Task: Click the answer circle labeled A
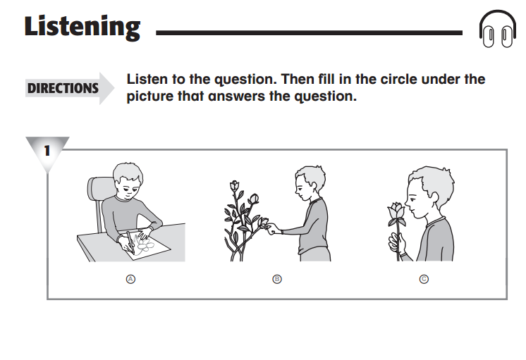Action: (x=130, y=279)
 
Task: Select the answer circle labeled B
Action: (x=277, y=279)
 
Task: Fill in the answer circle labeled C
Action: (x=424, y=279)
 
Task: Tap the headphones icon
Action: (x=498, y=29)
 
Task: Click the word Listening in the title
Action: (x=82, y=27)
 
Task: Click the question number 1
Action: (x=47, y=151)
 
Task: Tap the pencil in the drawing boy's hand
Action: (x=130, y=242)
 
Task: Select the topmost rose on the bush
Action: (x=235, y=186)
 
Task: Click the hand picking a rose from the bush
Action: (x=274, y=229)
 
